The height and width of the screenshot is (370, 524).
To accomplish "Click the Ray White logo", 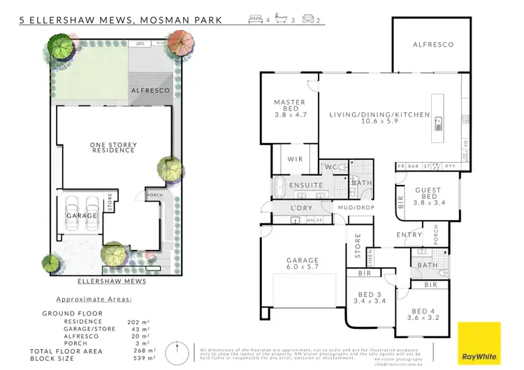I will pyautogui.click(x=479, y=343).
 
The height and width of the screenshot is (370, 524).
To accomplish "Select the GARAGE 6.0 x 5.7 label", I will pyautogui.click(x=302, y=263).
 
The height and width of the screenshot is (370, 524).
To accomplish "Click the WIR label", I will pyautogui.click(x=295, y=160).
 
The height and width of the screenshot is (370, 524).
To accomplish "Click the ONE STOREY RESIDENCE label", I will pyautogui.click(x=113, y=147).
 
